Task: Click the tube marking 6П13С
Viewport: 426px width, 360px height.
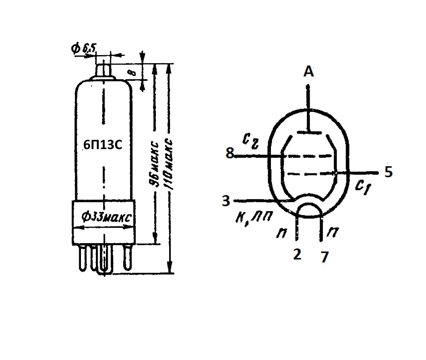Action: click(x=103, y=145)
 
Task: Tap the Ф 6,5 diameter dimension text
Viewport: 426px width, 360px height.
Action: click(x=84, y=49)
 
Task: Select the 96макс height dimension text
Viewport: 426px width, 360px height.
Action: click(x=155, y=164)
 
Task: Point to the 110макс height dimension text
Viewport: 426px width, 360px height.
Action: click(x=169, y=164)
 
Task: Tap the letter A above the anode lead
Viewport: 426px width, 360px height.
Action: click(x=309, y=71)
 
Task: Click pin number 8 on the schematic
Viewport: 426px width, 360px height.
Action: click(x=230, y=153)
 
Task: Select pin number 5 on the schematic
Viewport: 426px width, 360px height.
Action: click(x=389, y=172)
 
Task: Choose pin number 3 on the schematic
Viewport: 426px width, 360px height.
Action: click(x=226, y=201)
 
